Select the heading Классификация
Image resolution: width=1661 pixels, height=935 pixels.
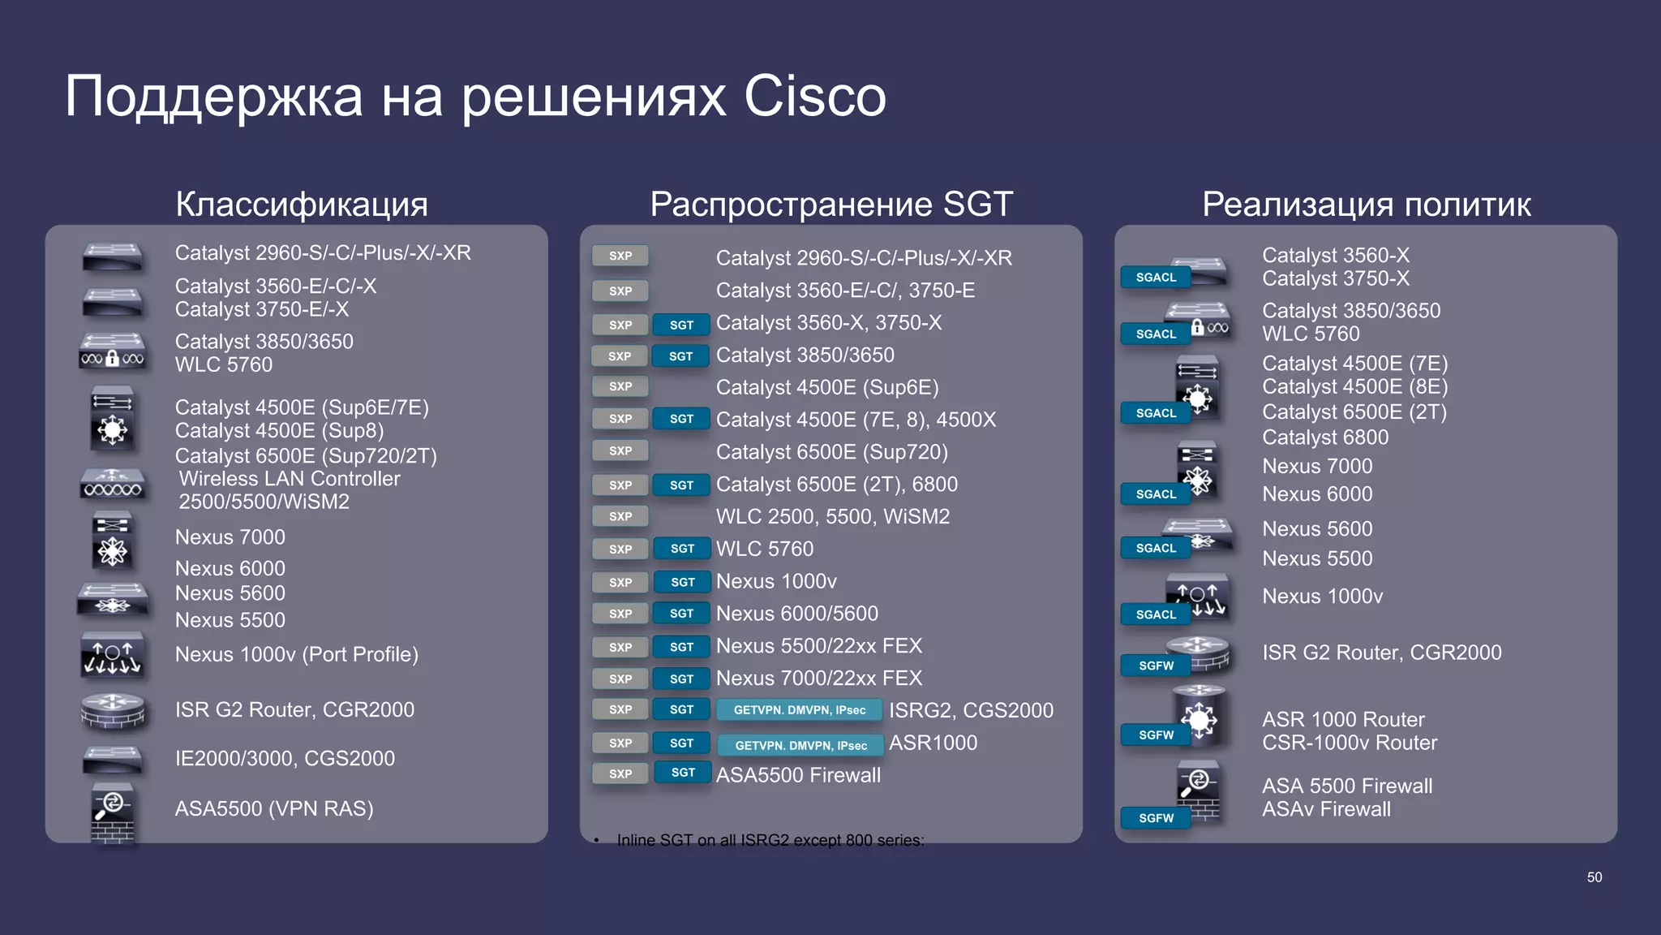coord(301,204)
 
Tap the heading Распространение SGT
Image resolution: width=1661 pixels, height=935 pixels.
coord(831,204)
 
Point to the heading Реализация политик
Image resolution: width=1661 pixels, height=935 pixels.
coord(1366,204)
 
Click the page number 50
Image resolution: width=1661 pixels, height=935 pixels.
coord(1594,877)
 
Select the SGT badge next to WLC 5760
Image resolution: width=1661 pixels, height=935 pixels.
coord(682,549)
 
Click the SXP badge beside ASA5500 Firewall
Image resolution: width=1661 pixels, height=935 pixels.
coord(620,773)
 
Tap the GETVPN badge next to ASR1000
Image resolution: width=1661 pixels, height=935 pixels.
coord(800,745)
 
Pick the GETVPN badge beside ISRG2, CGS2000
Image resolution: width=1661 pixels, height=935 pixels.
coord(799,710)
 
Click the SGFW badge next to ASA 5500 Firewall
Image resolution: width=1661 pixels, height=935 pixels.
coord(1156,818)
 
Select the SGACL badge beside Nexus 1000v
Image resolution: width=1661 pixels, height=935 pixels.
coord(1156,614)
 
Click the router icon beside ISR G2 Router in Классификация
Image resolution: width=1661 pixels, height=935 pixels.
coord(113,711)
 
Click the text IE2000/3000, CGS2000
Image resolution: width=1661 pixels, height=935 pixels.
coord(285,758)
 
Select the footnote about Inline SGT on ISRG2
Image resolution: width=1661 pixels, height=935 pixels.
coord(770,840)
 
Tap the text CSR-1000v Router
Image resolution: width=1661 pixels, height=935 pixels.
coord(1349,743)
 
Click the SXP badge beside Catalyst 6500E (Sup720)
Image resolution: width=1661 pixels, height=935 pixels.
coord(620,451)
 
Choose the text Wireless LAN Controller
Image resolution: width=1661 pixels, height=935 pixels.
coord(290,479)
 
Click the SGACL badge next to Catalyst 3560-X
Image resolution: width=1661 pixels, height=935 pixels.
coord(1156,278)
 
